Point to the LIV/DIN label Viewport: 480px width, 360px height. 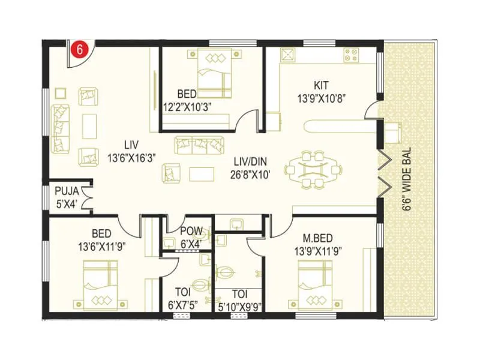point(252,160)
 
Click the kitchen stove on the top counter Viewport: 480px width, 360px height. point(351,56)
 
